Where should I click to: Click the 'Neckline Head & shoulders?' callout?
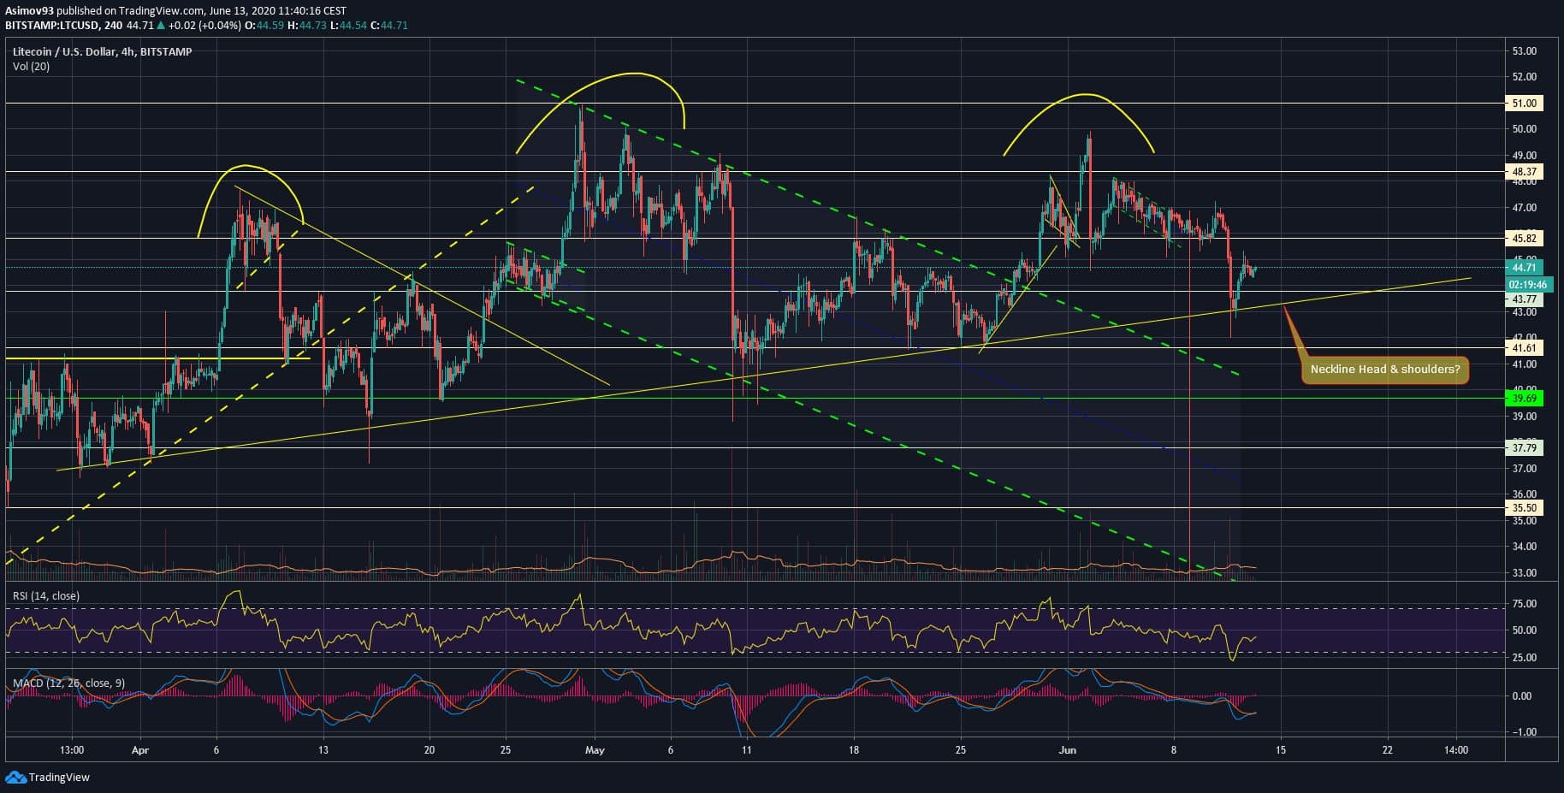click(1384, 370)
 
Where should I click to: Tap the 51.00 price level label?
click(1524, 104)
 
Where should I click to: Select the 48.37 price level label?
click(1524, 172)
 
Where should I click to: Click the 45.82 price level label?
click(1524, 239)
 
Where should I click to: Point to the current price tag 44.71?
click(1524, 268)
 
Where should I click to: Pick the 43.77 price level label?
click(1524, 299)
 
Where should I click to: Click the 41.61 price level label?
click(1524, 348)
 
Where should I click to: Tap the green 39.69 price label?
click(1524, 399)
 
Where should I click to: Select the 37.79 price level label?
click(1524, 447)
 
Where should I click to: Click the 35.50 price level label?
click(1524, 508)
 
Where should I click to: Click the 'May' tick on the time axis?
click(595, 750)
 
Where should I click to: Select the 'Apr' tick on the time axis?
click(140, 750)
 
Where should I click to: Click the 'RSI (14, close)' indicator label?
click(46, 595)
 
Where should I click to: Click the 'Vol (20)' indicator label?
click(31, 66)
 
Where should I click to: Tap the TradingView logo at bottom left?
click(48, 777)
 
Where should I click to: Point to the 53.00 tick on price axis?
click(1524, 51)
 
